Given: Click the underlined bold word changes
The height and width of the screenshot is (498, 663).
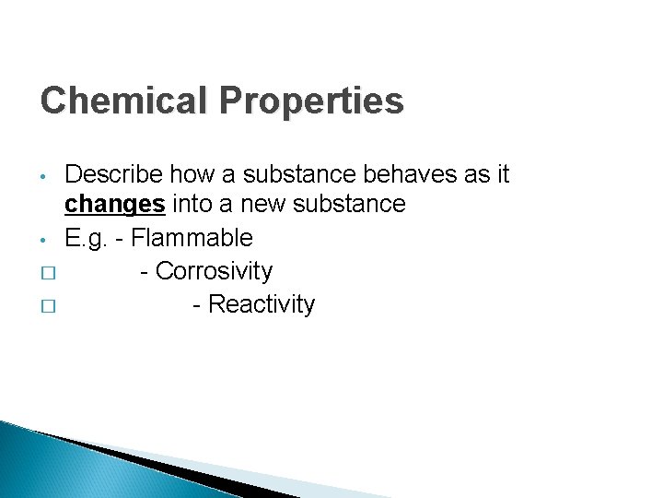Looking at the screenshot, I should click(114, 204).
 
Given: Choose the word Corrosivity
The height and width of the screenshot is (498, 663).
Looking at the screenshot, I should click(215, 271).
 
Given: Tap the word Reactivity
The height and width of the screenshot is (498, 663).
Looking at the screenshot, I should click(262, 304).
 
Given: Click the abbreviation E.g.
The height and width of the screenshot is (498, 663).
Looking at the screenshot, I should click(85, 238).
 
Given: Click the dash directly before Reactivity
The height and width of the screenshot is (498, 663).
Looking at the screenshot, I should click(198, 305).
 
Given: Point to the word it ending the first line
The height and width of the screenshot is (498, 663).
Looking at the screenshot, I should click(502, 173).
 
